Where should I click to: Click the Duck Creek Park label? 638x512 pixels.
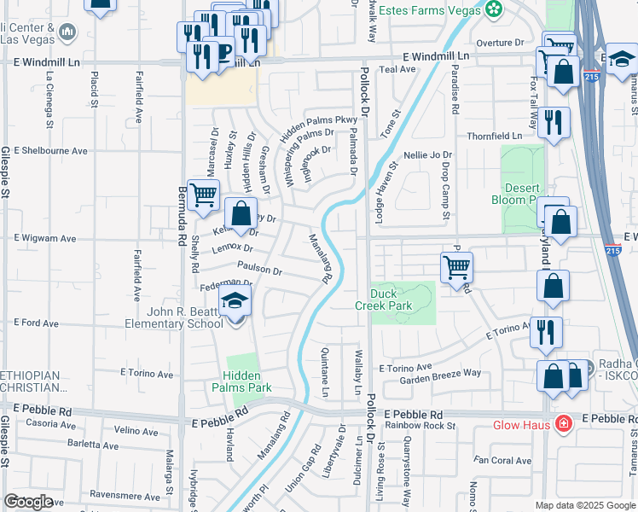[384, 298]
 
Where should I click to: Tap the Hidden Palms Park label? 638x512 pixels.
[247, 381]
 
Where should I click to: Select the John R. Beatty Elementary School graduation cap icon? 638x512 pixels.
[235, 301]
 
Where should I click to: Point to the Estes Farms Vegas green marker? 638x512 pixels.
[493, 9]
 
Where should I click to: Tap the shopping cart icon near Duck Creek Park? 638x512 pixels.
[456, 267]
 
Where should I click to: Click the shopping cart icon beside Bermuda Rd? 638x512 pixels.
[203, 195]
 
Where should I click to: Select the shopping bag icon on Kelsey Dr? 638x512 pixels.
[241, 212]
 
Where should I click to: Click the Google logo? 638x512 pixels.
[28, 502]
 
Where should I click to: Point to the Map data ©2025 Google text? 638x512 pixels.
[584, 505]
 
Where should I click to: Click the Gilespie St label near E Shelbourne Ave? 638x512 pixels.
[5, 171]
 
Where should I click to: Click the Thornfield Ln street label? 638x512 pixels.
[494, 136]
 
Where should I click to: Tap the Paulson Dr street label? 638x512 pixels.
[259, 269]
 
